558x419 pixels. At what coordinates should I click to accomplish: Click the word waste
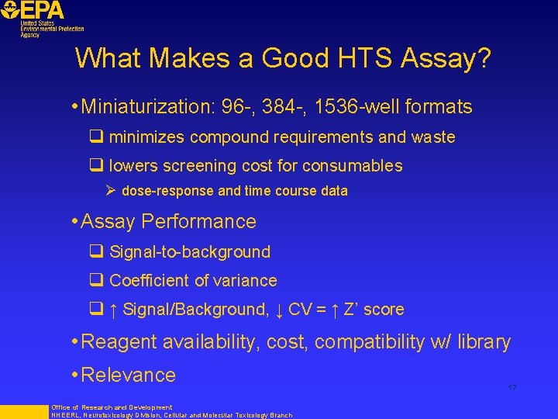pos(433,137)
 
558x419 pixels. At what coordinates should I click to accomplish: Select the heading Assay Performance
pos(168,221)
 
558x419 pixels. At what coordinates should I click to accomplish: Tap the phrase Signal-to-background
pos(190,251)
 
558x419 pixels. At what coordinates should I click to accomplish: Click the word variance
pos(246,280)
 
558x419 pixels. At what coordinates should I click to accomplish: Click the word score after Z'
pos(384,309)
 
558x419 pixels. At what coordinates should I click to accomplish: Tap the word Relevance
pos(128,375)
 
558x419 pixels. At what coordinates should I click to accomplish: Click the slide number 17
pos(511,387)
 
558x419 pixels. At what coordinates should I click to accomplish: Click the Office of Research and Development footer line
pos(112,407)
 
